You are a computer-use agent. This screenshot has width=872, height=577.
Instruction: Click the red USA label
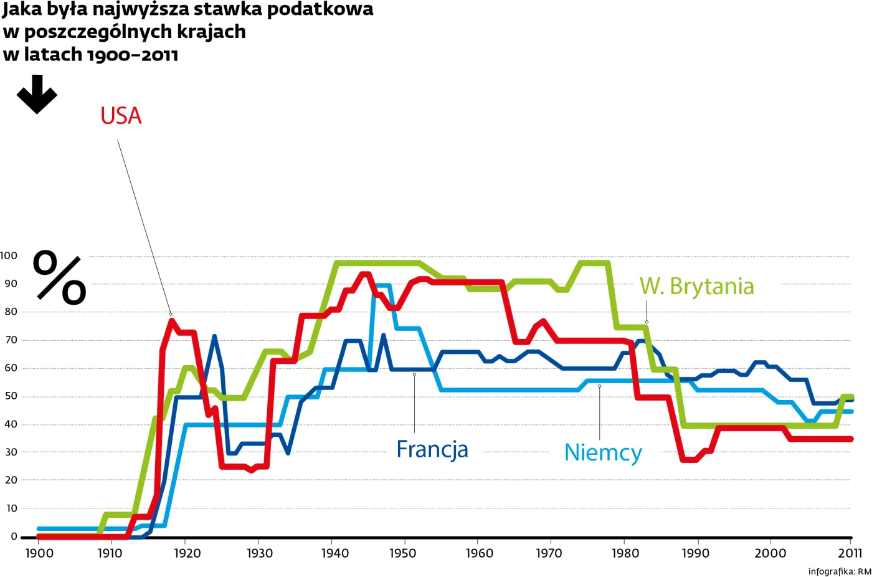[121, 116]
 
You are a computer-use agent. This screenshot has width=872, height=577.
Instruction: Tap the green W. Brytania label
[696, 286]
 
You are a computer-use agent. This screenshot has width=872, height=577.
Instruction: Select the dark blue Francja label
[432, 449]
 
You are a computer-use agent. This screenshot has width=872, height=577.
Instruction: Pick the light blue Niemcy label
[602, 452]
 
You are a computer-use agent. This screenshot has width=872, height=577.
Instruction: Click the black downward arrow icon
[37, 94]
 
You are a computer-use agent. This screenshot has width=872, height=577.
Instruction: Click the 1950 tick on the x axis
[403, 553]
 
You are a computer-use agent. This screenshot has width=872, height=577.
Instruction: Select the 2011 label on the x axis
[850, 553]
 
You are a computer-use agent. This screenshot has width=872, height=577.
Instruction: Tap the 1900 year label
[39, 553]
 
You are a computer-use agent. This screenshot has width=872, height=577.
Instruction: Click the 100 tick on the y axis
[9, 255]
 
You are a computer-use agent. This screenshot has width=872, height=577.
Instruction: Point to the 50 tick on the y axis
[11, 396]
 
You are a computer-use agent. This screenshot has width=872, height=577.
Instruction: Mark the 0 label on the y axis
[14, 536]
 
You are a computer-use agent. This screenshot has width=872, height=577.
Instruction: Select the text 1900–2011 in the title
[132, 55]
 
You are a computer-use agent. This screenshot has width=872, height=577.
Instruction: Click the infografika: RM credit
[839, 571]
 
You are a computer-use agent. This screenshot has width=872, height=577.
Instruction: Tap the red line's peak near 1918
[171, 320]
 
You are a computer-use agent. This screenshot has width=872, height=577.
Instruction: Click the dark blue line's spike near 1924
[214, 337]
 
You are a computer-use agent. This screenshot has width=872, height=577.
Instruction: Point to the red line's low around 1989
[689, 459]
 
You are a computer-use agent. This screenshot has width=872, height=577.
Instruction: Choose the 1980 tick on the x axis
[624, 553]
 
